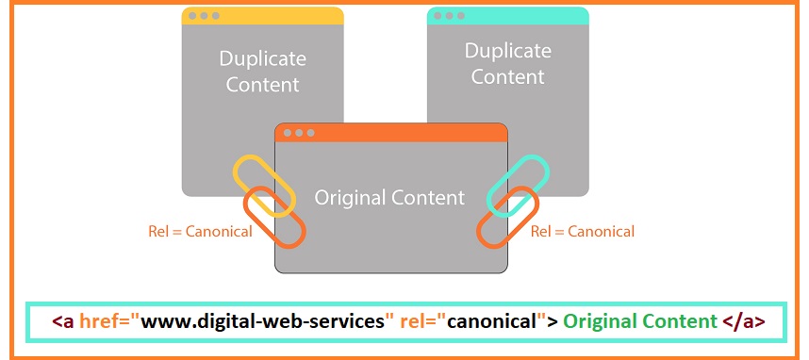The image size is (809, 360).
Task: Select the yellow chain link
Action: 256,183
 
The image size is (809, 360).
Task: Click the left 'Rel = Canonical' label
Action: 200,232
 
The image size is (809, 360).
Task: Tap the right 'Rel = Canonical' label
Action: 583,232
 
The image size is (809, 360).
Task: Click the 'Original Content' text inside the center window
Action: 389,198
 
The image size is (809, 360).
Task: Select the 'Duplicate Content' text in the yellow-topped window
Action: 263,72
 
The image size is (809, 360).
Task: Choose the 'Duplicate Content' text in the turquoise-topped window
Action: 508,64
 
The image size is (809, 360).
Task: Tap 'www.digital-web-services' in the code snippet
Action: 264,321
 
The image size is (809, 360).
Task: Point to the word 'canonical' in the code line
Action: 491,321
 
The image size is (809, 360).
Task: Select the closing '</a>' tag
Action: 743,321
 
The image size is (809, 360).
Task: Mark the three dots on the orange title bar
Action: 299,133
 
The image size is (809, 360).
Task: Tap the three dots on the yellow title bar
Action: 204,16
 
